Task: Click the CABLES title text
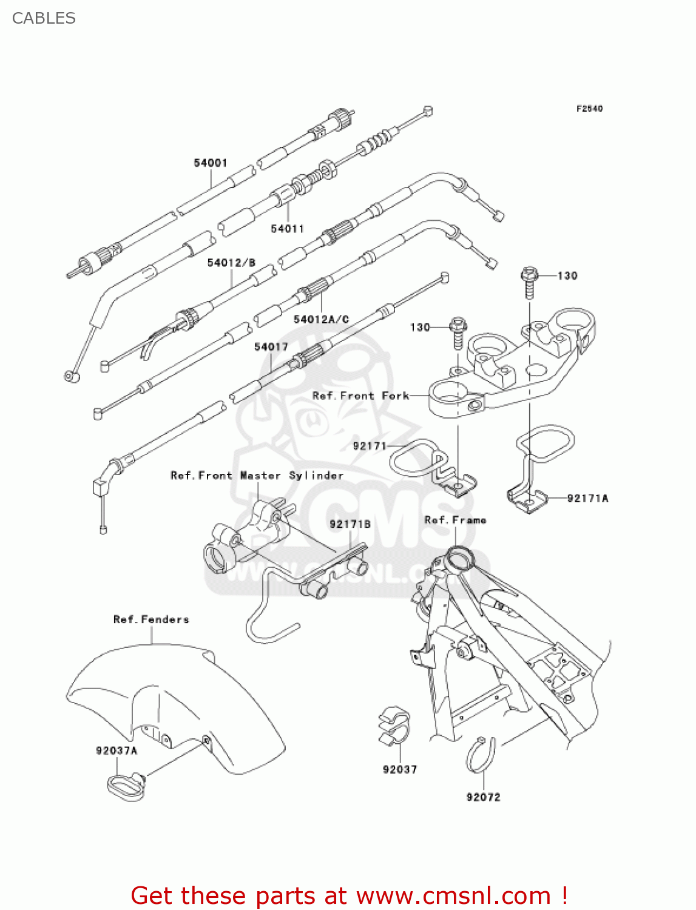point(44,18)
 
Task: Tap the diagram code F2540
point(589,109)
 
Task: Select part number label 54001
point(211,163)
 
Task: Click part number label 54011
point(287,229)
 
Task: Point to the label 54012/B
point(231,263)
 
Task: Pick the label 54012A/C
point(321,319)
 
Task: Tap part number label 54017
point(271,347)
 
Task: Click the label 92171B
point(350,524)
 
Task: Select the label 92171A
point(587,498)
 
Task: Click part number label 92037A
point(117,750)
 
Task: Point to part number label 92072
point(483,797)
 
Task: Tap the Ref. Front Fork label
point(360,396)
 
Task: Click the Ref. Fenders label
point(151,619)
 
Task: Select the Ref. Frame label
point(455,520)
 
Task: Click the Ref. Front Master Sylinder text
point(257,476)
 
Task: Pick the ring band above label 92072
point(482,755)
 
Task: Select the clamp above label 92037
point(393,725)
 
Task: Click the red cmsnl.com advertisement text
point(349,895)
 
